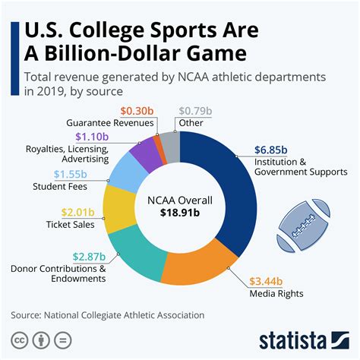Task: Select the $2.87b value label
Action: (91, 257)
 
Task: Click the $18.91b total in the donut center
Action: (180, 216)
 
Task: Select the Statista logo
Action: (303, 338)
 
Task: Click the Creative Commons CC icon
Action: (19, 338)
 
